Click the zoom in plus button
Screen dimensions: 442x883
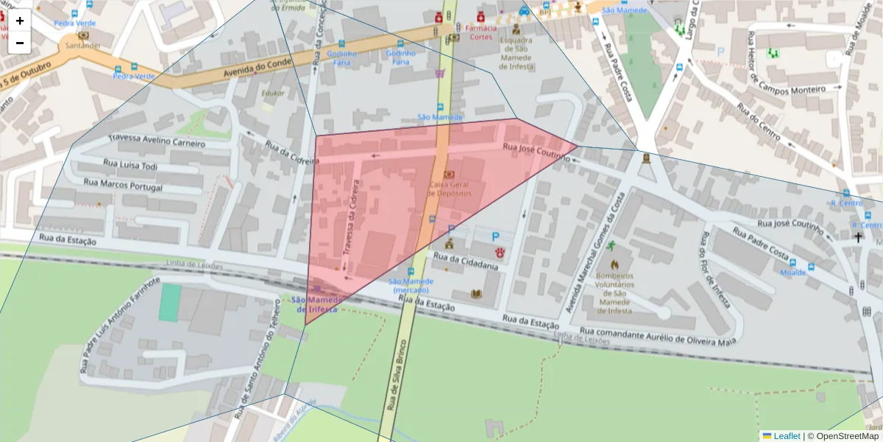point(20,21)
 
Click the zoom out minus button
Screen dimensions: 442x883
point(20,43)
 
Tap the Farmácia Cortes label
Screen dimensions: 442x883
point(480,32)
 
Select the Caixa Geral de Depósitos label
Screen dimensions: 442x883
point(449,188)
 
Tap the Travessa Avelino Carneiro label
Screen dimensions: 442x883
point(157,141)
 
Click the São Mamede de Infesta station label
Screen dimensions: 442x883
point(317,304)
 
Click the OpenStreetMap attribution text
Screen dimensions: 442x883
point(845,435)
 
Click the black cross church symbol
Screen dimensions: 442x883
point(857,237)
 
